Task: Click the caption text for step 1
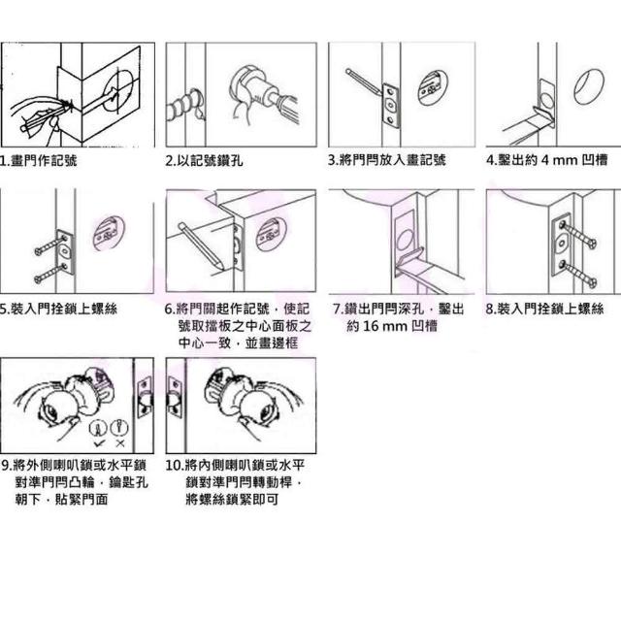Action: click(x=39, y=160)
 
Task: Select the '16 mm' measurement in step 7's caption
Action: click(x=384, y=326)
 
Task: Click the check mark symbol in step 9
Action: click(x=99, y=443)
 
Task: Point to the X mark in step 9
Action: click(x=120, y=443)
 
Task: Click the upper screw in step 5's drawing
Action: click(x=50, y=245)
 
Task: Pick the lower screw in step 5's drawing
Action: click(x=50, y=273)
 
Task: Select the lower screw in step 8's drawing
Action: click(x=578, y=274)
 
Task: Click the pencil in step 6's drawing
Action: click(x=201, y=246)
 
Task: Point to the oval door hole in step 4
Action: click(x=589, y=87)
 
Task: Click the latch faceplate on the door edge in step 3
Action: click(x=390, y=106)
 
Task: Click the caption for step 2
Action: click(x=204, y=160)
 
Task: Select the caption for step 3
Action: click(x=386, y=160)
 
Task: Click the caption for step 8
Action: click(x=545, y=309)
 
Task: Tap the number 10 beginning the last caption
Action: click(x=173, y=466)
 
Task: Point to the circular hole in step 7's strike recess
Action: click(x=406, y=241)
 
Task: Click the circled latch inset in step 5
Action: click(x=109, y=233)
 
